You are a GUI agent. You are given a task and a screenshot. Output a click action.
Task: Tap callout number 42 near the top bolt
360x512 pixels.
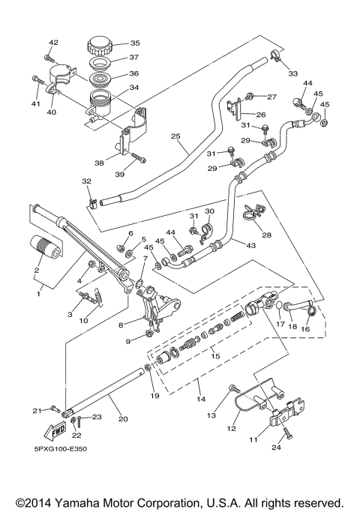tap(53, 42)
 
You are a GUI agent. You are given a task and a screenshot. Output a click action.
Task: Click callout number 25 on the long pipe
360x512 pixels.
tap(176, 136)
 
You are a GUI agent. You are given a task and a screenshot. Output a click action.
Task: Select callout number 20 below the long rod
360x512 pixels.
tap(123, 421)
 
